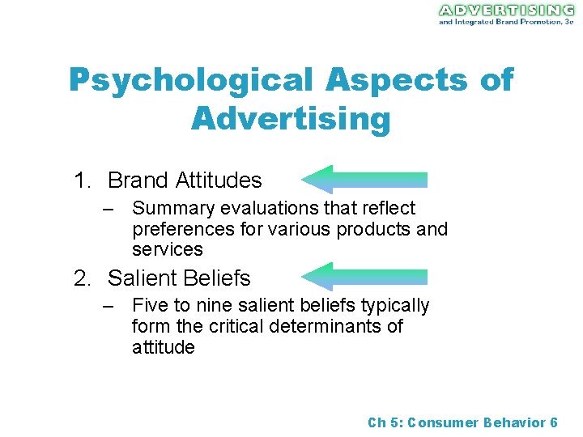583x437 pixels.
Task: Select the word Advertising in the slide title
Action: pyautogui.click(x=291, y=120)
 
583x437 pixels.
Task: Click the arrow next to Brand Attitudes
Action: pyautogui.click(x=364, y=180)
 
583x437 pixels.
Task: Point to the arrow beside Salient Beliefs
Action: pyautogui.click(x=364, y=277)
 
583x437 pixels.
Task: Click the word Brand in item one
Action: pyautogui.click(x=137, y=180)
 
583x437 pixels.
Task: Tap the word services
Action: pyautogui.click(x=167, y=250)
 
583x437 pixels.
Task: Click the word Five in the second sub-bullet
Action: pyautogui.click(x=149, y=306)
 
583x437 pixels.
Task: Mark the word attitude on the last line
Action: pyautogui.click(x=163, y=348)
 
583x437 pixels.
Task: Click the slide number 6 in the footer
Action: pyautogui.click(x=553, y=422)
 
